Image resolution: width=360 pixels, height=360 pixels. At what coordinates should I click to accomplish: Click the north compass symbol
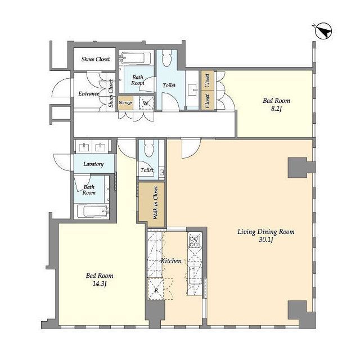coord(323,31)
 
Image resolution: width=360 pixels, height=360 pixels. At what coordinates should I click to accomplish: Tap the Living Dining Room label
coord(266,232)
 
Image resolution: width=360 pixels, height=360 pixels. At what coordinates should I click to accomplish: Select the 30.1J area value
coord(266,240)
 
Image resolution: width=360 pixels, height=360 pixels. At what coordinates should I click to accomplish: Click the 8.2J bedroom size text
coord(276,109)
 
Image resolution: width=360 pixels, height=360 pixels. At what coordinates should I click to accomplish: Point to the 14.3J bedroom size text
coord(100,284)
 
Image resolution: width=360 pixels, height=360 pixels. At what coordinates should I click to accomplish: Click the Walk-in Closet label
coord(156,202)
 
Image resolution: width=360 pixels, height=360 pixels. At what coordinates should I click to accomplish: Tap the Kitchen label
coord(171,261)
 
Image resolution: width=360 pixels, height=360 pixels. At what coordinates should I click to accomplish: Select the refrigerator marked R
coord(156,289)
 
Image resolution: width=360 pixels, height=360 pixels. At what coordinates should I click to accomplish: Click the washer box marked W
coord(146,103)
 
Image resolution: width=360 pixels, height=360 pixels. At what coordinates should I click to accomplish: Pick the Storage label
coord(125,102)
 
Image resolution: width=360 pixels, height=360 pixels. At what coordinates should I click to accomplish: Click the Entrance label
coord(89,94)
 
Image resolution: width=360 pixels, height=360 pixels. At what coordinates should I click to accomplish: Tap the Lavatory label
coord(93,164)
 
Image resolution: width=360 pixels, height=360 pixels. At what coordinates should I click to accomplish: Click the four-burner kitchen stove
coord(194,241)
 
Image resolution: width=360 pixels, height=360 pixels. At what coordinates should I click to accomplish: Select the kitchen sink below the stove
coord(195,275)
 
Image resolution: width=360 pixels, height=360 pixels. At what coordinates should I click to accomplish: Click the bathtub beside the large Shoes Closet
coord(136,57)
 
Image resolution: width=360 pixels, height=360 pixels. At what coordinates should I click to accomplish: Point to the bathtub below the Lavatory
coord(92,211)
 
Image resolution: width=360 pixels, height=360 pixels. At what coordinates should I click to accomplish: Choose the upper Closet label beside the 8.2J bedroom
coord(208,80)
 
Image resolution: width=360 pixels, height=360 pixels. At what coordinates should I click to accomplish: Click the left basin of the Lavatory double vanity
coord(84,147)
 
